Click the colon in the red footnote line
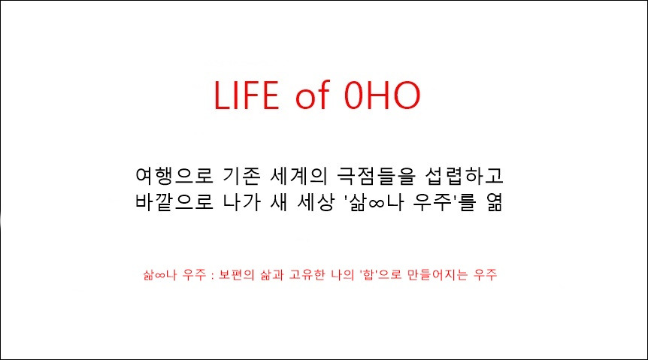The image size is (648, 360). [x=213, y=275]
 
